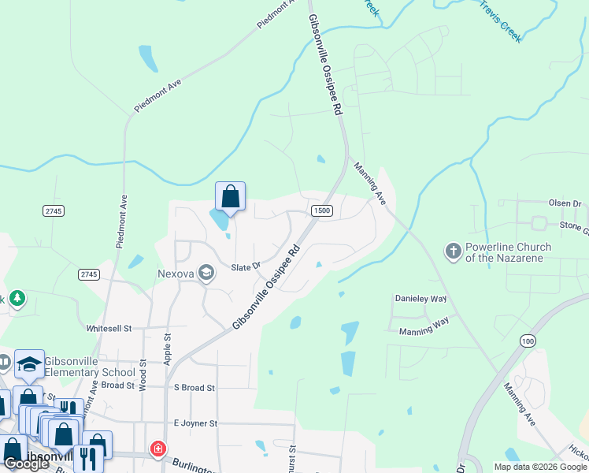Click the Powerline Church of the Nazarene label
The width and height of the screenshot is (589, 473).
coord(508,251)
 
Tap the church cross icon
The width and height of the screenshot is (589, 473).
coord(454,251)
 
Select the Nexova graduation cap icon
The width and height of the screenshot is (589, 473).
coord(206,273)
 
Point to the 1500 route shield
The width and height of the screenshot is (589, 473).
coord(321,210)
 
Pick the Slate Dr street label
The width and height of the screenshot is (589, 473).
coord(245,267)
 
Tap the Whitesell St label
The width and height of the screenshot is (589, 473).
coord(109,327)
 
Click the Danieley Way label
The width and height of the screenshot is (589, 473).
coord(420,300)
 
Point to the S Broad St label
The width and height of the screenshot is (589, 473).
coord(194,387)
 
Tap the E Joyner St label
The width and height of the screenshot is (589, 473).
coord(194,423)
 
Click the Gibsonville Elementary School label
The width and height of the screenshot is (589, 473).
coord(90,367)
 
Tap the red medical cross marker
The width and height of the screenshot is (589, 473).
coord(158,449)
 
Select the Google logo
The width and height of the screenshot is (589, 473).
coord(26,464)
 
